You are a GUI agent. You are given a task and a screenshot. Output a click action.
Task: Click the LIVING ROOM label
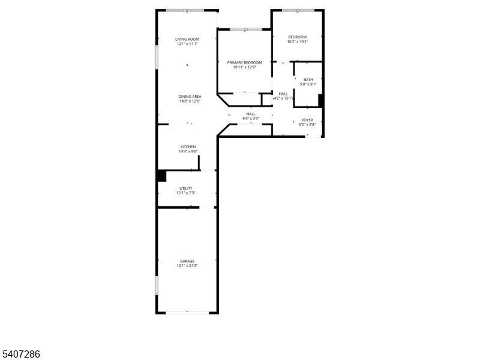[x=187, y=39]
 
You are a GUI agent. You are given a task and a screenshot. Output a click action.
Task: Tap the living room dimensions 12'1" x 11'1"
[x=187, y=44]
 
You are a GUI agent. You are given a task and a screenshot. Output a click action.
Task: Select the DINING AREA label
[x=190, y=97]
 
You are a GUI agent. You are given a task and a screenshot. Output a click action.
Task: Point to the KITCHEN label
[x=188, y=146]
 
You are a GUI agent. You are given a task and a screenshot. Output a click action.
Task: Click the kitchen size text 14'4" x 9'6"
[x=188, y=152]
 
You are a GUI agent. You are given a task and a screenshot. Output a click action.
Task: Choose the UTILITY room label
[x=186, y=188]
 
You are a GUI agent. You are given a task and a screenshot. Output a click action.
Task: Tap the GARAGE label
[x=187, y=261]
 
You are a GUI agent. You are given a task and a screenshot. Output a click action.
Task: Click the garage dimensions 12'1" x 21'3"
[x=187, y=266]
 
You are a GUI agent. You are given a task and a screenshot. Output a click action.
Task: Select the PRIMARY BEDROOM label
[x=245, y=62]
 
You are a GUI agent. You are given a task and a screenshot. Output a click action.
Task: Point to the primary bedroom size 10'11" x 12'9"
[x=245, y=67]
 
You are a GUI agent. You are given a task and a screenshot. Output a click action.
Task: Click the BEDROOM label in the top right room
[x=297, y=37]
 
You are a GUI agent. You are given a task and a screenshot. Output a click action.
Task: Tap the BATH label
[x=308, y=79]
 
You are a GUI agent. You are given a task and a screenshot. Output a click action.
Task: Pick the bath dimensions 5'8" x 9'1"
[x=308, y=84]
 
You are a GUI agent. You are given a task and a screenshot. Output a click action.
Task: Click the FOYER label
[x=307, y=120]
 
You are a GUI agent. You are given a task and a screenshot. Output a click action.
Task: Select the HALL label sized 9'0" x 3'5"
[x=251, y=114]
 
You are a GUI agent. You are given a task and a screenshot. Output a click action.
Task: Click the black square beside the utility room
[x=161, y=176]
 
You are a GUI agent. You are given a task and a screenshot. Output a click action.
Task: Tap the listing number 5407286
[x=20, y=355]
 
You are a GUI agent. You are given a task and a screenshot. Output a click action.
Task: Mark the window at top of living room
[x=185, y=10]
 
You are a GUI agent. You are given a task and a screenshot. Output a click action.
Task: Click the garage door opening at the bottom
[x=188, y=312]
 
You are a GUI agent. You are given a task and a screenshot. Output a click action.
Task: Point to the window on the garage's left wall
[x=157, y=285]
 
